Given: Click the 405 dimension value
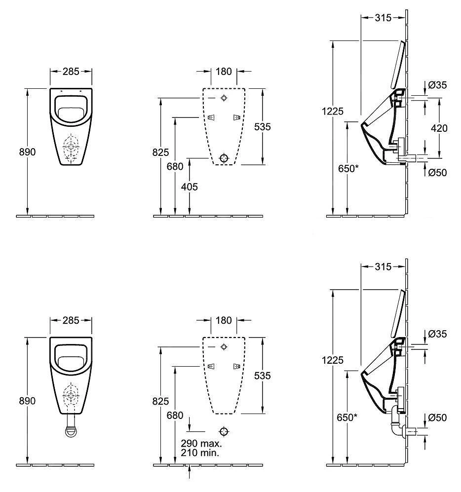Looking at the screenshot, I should click(x=190, y=187).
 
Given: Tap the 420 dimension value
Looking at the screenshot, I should click(x=439, y=128).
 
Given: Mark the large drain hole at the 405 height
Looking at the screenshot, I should click(x=224, y=158).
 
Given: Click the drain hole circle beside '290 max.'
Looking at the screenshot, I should click(x=224, y=431).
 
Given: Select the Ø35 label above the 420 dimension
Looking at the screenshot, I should click(x=437, y=85).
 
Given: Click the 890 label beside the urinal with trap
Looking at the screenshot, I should click(x=27, y=401).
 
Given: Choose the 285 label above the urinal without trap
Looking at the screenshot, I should click(x=71, y=72).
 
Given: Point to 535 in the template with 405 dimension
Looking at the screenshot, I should click(x=262, y=127).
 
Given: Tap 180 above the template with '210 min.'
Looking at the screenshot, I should click(x=224, y=320).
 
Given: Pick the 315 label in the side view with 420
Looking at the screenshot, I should click(x=383, y=18).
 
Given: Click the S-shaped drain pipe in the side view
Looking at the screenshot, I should click(x=396, y=421).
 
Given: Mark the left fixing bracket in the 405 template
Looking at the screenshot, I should click(x=211, y=117).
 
